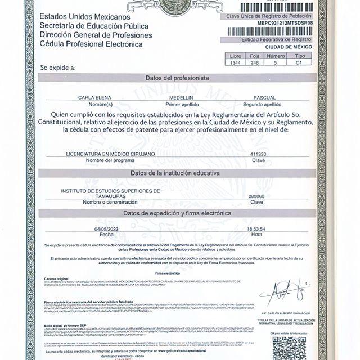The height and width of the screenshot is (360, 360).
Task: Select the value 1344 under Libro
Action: click(x=235, y=64)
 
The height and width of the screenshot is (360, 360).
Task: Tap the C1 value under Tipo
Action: click(x=300, y=64)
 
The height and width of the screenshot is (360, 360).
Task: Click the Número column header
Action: click(x=276, y=56)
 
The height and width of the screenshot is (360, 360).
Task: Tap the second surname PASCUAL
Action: click(x=264, y=98)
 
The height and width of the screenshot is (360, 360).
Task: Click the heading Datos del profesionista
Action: click(x=177, y=78)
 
